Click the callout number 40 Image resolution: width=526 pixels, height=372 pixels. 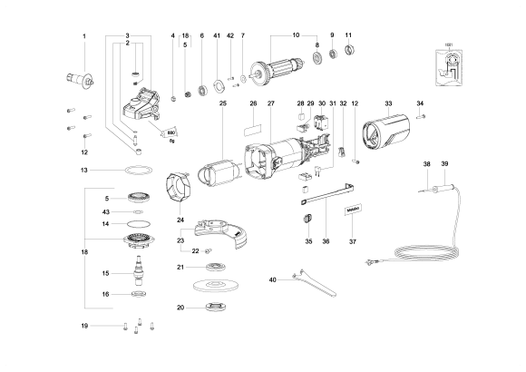tap(273, 280)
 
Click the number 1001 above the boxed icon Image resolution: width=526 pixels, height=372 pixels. tap(448, 43)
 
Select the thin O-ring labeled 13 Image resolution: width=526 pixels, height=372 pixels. tap(136, 171)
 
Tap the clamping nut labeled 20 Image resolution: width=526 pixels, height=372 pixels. tap(215, 308)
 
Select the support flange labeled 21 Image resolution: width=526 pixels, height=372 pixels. tap(215, 267)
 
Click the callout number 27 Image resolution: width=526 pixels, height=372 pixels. tap(270, 104)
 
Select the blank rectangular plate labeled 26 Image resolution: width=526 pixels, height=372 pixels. tap(253, 120)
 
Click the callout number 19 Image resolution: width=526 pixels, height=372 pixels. tap(84, 325)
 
